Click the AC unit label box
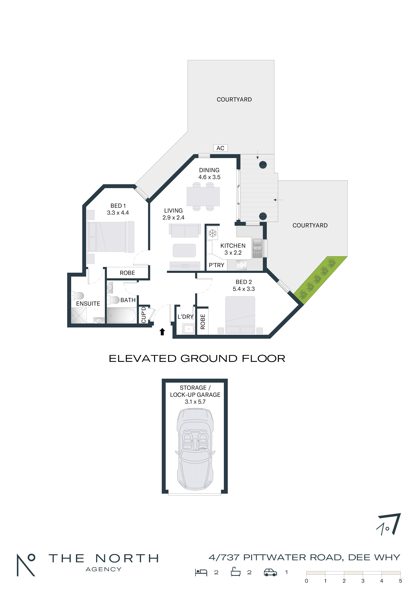click(220, 148)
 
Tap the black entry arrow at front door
click(162, 332)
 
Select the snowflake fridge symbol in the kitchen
click(212, 233)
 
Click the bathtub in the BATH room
click(122, 315)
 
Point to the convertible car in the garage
click(195, 449)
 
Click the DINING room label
click(209, 170)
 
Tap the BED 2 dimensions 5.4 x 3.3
click(244, 289)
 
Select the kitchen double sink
click(257, 248)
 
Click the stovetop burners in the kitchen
click(241, 265)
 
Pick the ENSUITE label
click(88, 303)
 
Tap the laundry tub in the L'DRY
click(189, 329)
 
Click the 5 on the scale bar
click(400, 581)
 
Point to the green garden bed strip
click(321, 280)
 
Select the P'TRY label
click(216, 265)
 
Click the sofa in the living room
click(185, 230)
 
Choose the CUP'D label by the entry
click(144, 315)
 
